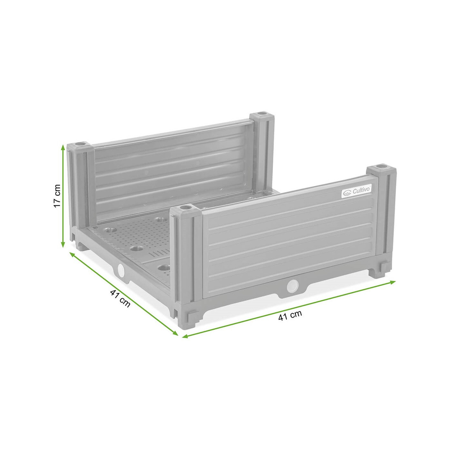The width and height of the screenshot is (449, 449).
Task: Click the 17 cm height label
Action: tap(57, 196)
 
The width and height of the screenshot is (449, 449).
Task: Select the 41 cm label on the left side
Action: tap(120, 298)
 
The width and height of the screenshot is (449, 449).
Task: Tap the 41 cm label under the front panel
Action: tap(290, 316)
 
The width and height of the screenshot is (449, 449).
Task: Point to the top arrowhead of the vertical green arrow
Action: tap(63, 147)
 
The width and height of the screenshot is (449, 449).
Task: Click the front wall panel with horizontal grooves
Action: tap(289, 244)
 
